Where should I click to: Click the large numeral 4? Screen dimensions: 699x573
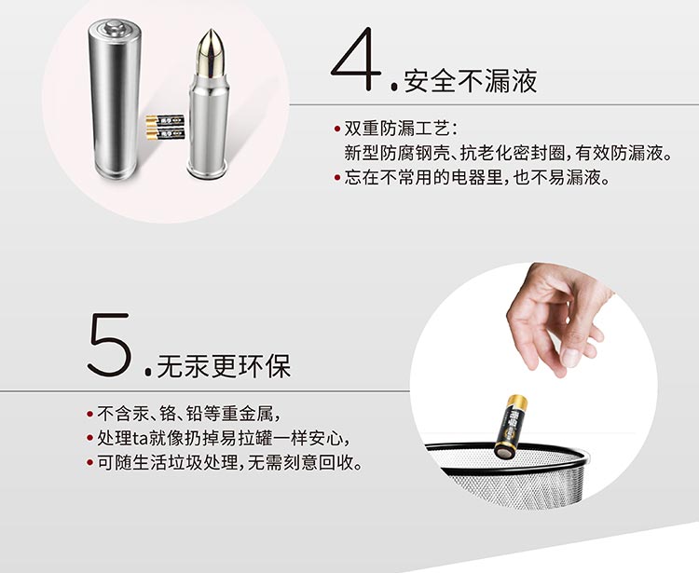coord(356,60)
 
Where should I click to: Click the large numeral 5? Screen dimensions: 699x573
coord(109,345)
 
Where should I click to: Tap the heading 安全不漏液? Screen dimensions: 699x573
coord(471,81)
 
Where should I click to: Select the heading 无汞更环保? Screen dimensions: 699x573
coord(224,366)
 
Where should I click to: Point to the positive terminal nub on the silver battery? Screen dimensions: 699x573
coord(115,28)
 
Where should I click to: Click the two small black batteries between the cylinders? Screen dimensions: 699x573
coord(165,127)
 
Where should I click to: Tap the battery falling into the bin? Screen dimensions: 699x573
coord(511,427)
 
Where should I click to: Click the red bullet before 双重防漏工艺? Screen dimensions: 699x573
coord(337,130)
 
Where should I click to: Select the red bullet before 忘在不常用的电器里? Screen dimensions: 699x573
coord(337,178)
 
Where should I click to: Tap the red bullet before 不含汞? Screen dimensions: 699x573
coord(90,414)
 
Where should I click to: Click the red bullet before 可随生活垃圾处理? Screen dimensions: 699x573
coord(90,462)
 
